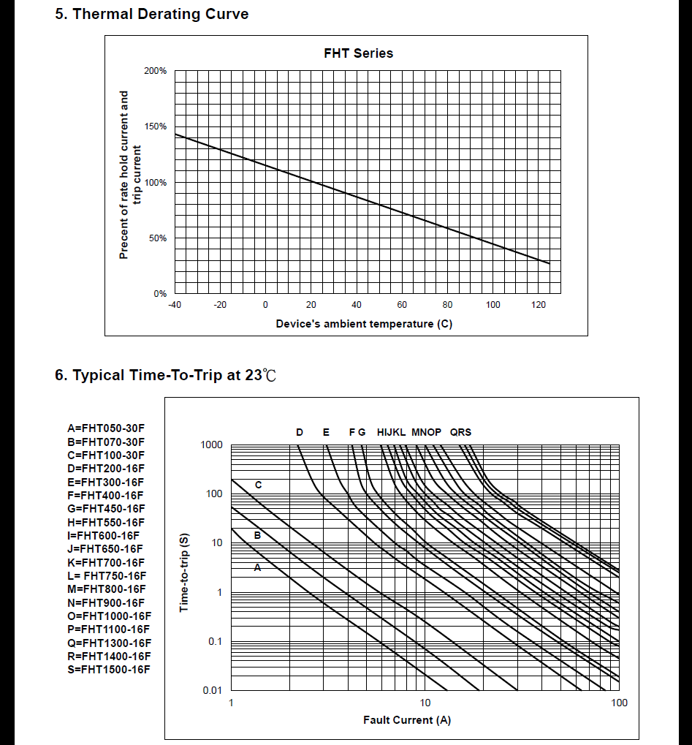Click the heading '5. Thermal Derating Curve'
pyautogui.click(x=152, y=14)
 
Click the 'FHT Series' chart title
pyautogui.click(x=358, y=53)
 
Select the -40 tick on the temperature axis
pyautogui.click(x=175, y=305)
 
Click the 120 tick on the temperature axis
pyautogui.click(x=539, y=305)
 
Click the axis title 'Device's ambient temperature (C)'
pyautogui.click(x=364, y=324)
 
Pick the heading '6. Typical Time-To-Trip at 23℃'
pyautogui.click(x=166, y=376)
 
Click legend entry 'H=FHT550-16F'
pyautogui.click(x=106, y=522)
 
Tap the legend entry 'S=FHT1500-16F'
pyautogui.click(x=109, y=670)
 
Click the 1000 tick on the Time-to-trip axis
pyautogui.click(x=212, y=445)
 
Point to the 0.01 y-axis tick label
pyautogui.click(x=212, y=690)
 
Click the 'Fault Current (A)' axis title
pyautogui.click(x=407, y=720)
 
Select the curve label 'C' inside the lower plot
pyautogui.click(x=258, y=485)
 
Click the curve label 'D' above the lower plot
pyautogui.click(x=300, y=432)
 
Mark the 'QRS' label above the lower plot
pyautogui.click(x=460, y=432)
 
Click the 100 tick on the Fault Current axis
pyautogui.click(x=619, y=703)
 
